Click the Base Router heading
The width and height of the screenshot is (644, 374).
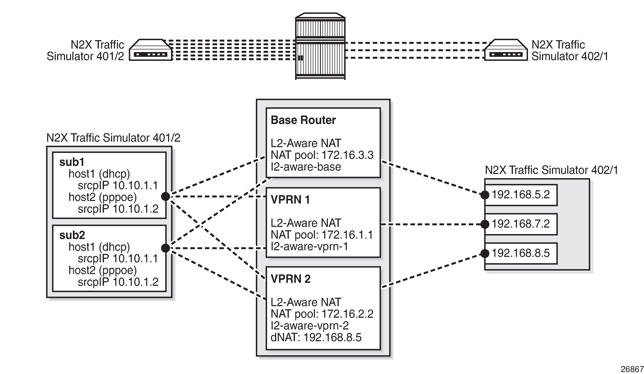point(303,120)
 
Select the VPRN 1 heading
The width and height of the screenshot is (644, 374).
point(290,200)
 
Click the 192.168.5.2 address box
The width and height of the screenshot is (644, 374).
point(521,195)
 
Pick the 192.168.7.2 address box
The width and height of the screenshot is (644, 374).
point(521,224)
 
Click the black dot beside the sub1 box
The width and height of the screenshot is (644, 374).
point(166,196)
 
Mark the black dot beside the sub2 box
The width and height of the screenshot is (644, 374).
point(166,248)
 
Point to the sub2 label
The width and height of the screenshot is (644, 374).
point(72,235)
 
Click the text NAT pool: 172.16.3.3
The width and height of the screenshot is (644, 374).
point(322,155)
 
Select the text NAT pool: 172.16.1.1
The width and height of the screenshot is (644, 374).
point(322,235)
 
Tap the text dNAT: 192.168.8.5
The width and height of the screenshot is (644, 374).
point(316,338)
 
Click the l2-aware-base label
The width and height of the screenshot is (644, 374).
point(306,167)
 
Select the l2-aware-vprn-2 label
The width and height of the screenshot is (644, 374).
point(309,326)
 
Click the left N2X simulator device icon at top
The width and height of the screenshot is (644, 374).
point(150,50)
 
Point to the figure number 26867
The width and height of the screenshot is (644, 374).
point(632,369)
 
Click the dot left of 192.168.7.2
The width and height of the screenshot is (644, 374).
point(485,224)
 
